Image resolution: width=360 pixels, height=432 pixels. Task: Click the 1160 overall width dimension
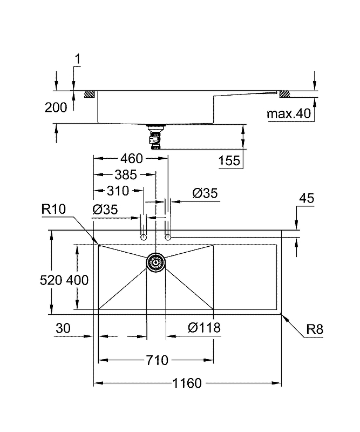(187, 383)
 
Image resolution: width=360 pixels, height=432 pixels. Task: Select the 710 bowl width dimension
(157, 360)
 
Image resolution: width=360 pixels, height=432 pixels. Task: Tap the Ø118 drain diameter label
(204, 328)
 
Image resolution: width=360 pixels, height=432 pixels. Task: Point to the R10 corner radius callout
(54, 210)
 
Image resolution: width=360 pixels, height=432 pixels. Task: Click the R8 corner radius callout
(315, 329)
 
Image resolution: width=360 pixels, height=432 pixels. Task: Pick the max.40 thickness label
(289, 113)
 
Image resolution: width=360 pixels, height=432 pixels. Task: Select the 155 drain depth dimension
(229, 160)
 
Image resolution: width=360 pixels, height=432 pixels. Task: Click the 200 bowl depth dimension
(56, 107)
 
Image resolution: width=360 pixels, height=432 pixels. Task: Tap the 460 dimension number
(132, 158)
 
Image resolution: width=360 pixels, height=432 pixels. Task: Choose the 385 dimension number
(126, 174)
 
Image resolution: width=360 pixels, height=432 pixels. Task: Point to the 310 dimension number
(118, 191)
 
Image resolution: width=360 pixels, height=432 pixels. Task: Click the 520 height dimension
(51, 280)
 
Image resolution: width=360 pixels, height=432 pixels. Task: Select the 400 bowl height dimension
(77, 280)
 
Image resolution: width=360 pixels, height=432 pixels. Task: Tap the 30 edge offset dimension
(63, 328)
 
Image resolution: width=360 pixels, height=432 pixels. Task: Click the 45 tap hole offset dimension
(307, 198)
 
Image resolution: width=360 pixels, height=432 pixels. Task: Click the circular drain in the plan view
(155, 262)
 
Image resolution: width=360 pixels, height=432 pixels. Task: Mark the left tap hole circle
(144, 237)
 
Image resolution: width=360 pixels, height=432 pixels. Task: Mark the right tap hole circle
(168, 237)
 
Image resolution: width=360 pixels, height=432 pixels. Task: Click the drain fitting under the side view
(155, 137)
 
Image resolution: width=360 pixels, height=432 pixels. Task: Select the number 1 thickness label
(78, 59)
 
